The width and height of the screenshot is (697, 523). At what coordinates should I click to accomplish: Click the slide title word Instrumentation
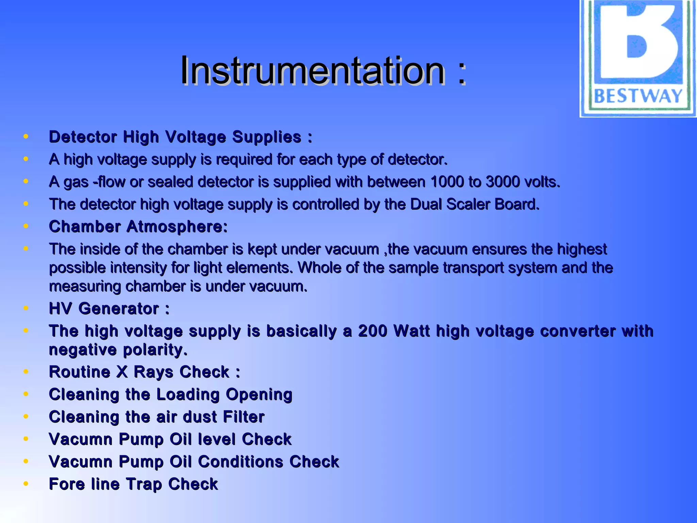pyautogui.click(x=312, y=70)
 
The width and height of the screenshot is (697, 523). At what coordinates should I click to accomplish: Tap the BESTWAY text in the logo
pyautogui.click(x=638, y=96)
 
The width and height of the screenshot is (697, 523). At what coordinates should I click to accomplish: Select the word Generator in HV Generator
pyautogui.click(x=118, y=309)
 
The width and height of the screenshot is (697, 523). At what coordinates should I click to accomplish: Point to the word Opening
pyautogui.click(x=259, y=395)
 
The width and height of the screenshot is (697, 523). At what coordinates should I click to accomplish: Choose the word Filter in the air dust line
pyautogui.click(x=243, y=417)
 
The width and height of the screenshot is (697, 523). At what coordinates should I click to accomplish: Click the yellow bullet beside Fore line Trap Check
pyautogui.click(x=26, y=484)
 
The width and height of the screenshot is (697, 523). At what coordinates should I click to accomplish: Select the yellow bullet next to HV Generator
pyautogui.click(x=26, y=308)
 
